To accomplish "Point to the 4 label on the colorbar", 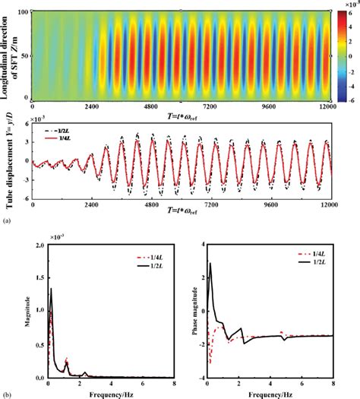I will tap(348, 27).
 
